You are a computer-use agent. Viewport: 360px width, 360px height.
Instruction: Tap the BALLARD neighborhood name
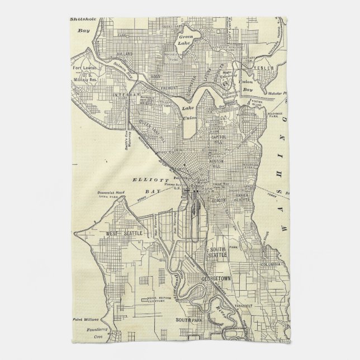[x=125, y=54]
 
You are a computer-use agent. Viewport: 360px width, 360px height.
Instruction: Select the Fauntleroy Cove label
[x=88, y=334]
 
